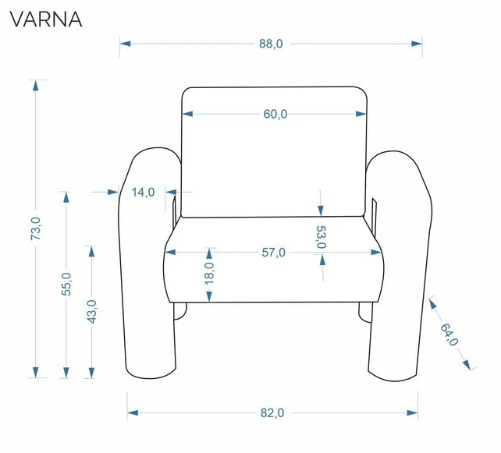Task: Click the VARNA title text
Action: pyautogui.click(x=46, y=19)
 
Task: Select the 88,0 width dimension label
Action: pyautogui.click(x=271, y=44)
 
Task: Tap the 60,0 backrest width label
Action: pyautogui.click(x=275, y=114)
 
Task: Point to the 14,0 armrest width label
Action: pyautogui.click(x=143, y=192)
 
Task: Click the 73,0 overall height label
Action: pyautogui.click(x=35, y=228)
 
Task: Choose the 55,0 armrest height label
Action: pyautogui.click(x=66, y=284)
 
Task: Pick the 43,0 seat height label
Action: pyautogui.click(x=92, y=312)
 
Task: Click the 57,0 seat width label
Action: pyautogui.click(x=273, y=253)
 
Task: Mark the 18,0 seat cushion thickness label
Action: pyautogui.click(x=209, y=274)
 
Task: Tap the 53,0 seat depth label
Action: pyautogui.click(x=321, y=237)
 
